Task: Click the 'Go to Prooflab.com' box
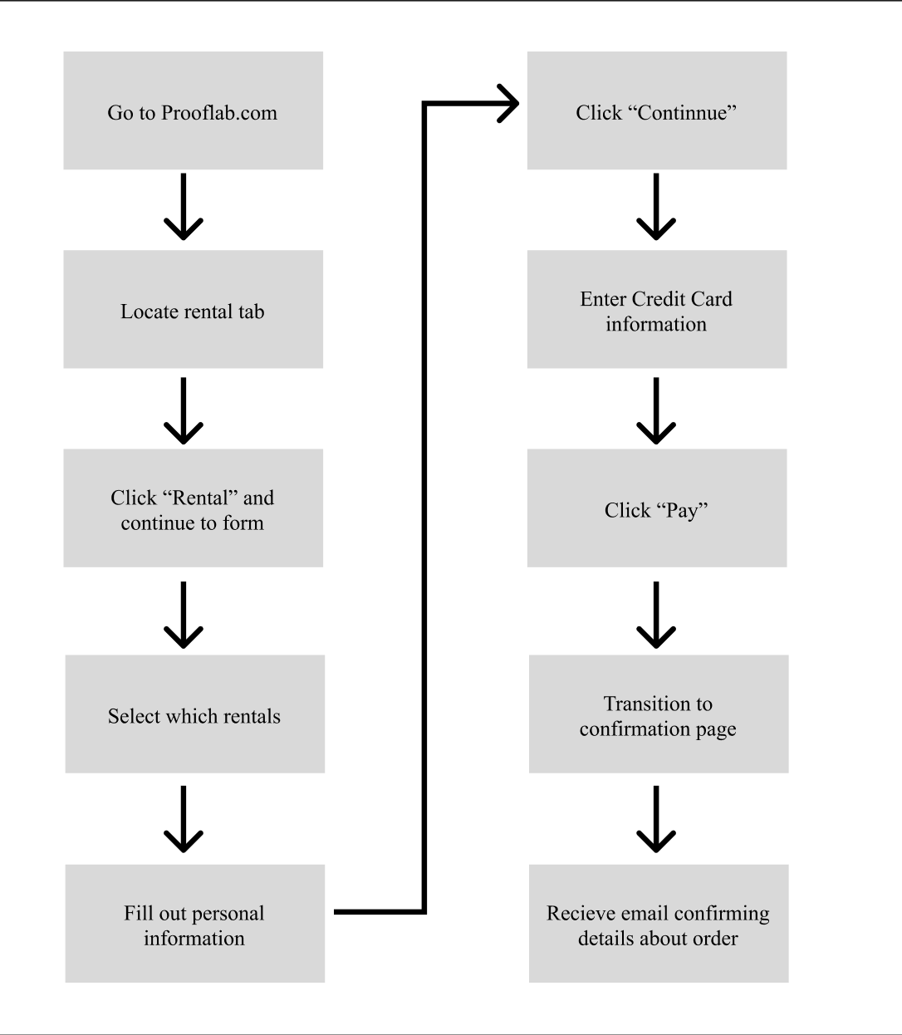194,110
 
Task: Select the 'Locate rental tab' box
194,309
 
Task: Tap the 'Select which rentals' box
194,714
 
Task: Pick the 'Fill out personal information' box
194,923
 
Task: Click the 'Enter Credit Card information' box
657,309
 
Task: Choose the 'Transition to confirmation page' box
659,714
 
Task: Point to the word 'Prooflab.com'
219,113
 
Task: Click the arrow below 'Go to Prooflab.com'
184,206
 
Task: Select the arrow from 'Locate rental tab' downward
184,411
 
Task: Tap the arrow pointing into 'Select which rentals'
184,616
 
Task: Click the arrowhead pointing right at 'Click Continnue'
508,103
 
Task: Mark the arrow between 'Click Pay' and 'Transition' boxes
656,616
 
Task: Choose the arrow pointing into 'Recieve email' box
656,820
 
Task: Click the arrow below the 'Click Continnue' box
656,206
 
